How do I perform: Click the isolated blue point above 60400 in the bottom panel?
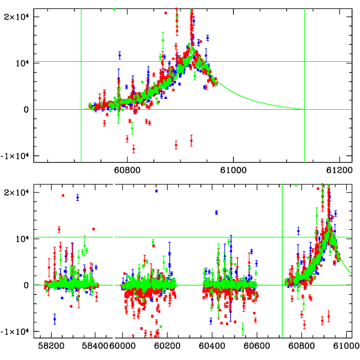click(217, 212)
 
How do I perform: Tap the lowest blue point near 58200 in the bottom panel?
click(55, 319)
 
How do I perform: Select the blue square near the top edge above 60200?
click(157, 191)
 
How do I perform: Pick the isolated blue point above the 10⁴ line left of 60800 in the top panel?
click(119, 55)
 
